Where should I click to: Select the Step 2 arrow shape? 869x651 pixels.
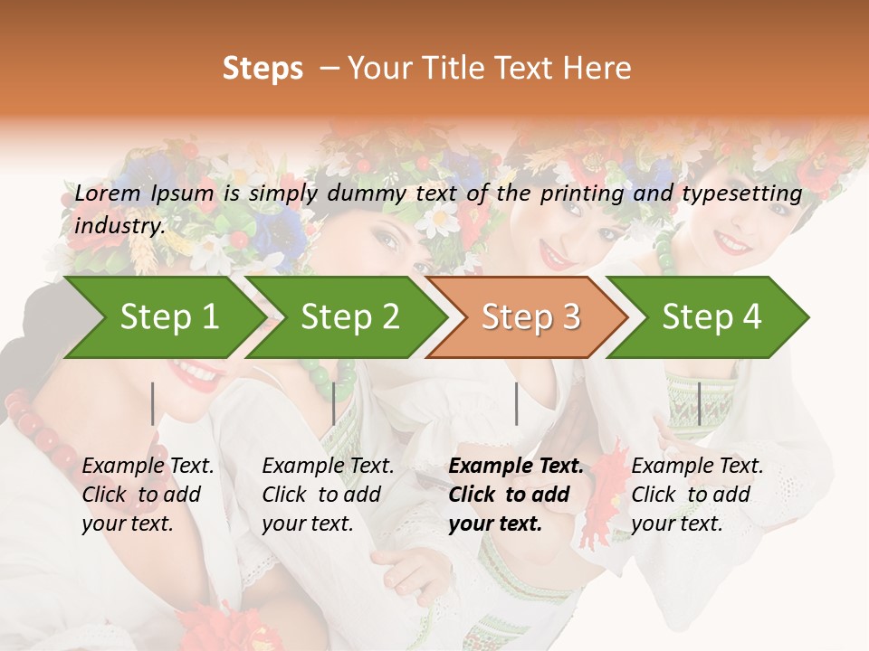pyautogui.click(x=349, y=317)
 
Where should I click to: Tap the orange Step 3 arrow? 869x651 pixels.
pyautogui.click(x=530, y=317)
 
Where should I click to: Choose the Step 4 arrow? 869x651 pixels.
pyautogui.click(x=711, y=317)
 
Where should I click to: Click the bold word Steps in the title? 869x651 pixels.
pyautogui.click(x=263, y=69)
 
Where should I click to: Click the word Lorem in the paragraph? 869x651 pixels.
pyautogui.click(x=108, y=193)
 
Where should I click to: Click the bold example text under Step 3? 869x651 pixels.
pyautogui.click(x=516, y=495)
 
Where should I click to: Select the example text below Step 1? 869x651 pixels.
pyautogui.click(x=148, y=495)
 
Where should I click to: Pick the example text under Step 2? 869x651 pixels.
pyautogui.click(x=328, y=495)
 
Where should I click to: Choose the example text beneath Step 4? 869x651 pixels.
pyautogui.click(x=697, y=495)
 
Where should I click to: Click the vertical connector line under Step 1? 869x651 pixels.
pyautogui.click(x=152, y=403)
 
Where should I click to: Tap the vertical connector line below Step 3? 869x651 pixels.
pyautogui.click(x=516, y=403)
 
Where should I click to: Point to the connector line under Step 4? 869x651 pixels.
pyautogui.click(x=698, y=403)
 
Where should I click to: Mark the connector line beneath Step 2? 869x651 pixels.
pyautogui.click(x=334, y=403)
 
